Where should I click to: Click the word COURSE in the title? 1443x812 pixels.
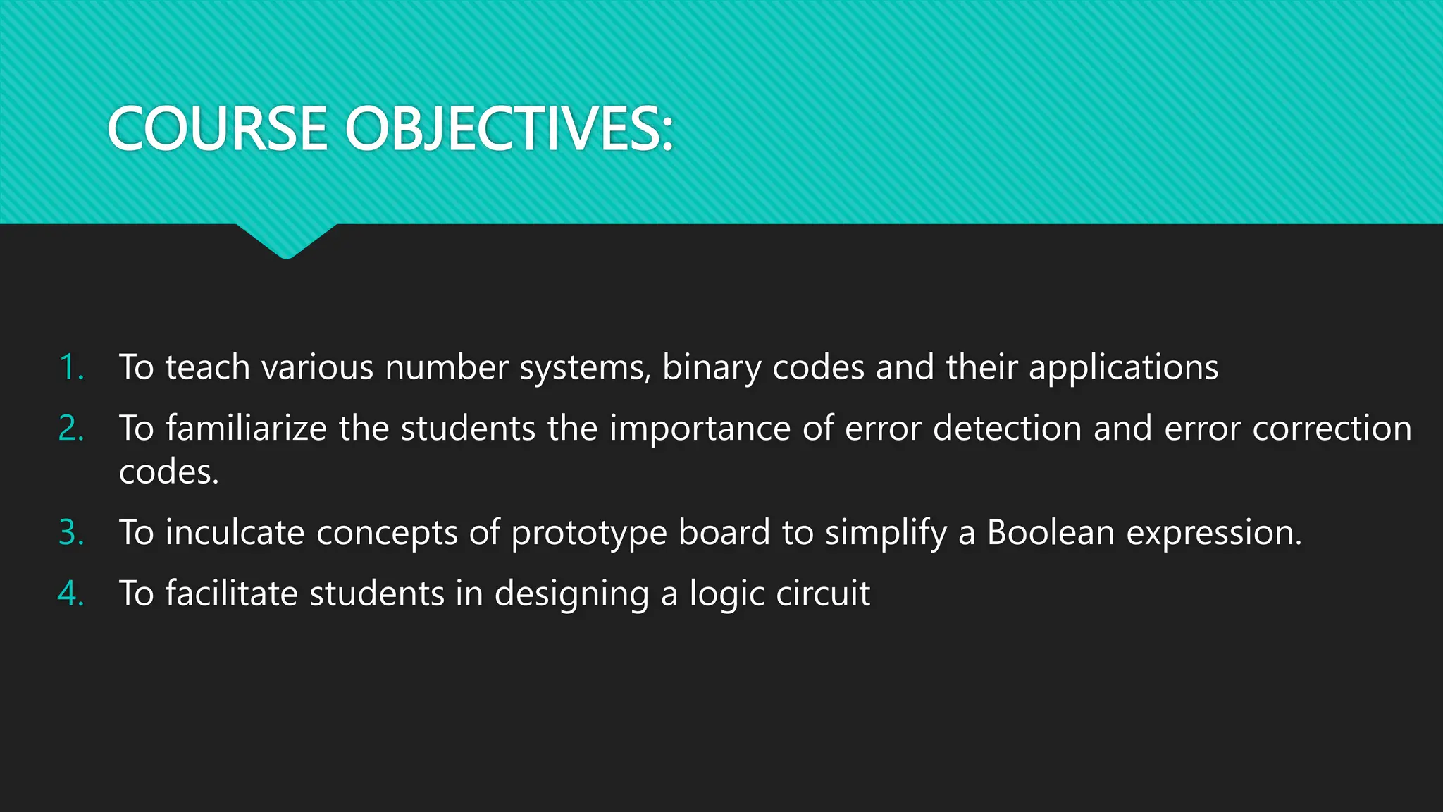pos(218,129)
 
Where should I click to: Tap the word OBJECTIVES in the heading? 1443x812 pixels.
pos(509,129)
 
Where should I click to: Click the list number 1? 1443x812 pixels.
pos(71,367)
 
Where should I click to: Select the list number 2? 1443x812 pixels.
pos(71,429)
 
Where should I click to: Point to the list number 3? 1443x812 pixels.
pos(71,532)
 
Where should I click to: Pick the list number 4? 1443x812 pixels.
pos(71,593)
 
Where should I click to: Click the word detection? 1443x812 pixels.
pos(1007,429)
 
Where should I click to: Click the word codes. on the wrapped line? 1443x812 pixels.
pos(169,472)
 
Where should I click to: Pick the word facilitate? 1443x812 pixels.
pos(231,593)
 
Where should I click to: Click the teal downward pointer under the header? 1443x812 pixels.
pos(286,240)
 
